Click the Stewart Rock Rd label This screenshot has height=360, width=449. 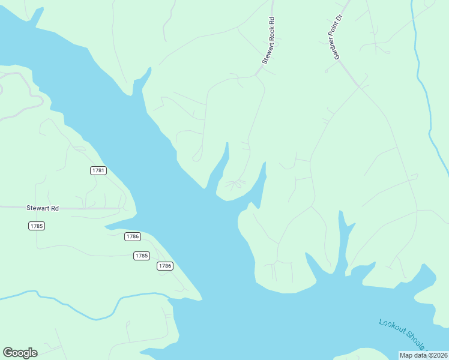pyautogui.click(x=268, y=40)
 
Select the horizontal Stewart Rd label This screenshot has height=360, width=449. pyautogui.click(x=43, y=208)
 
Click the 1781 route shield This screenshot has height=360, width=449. pyautogui.click(x=98, y=171)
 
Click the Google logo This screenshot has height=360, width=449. pyautogui.click(x=20, y=353)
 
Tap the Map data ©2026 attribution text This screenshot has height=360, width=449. pyautogui.click(x=423, y=355)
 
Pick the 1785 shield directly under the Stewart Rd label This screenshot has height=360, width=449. pyautogui.click(x=37, y=226)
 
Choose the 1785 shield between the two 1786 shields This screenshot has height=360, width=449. pyautogui.click(x=141, y=256)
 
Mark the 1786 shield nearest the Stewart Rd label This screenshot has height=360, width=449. pyautogui.click(x=133, y=236)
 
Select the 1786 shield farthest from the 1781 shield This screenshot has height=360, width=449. pyautogui.click(x=165, y=266)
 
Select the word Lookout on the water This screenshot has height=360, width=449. pyautogui.click(x=391, y=328)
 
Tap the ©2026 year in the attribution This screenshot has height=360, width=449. pyautogui.click(x=436, y=355)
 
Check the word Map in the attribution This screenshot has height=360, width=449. pyautogui.click(x=406, y=355)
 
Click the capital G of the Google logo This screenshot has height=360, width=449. pyautogui.click(x=8, y=353)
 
